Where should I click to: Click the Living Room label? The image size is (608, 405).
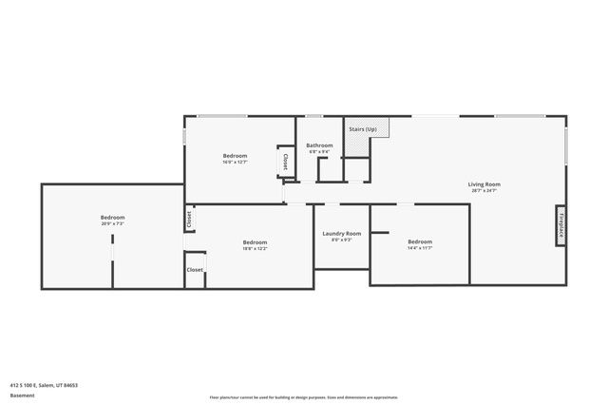(484, 183)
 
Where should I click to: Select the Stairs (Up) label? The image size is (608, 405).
(363, 129)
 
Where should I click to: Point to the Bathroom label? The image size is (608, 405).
(319, 145)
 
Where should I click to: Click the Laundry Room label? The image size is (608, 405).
(342, 233)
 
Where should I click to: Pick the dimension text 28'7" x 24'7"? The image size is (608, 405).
(484, 190)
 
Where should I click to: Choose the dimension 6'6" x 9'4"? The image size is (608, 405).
(319, 151)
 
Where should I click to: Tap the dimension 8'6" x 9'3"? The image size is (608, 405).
(342, 240)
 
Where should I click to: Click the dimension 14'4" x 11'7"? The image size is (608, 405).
(420, 247)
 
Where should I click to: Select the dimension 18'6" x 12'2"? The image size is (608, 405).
(255, 248)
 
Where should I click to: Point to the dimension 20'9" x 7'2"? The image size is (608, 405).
(113, 224)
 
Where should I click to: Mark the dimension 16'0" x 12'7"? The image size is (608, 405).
(235, 162)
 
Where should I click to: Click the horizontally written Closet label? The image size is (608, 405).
(195, 269)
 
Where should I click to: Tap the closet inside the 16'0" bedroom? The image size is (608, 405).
(284, 162)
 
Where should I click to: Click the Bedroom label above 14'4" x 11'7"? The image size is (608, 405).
(420, 241)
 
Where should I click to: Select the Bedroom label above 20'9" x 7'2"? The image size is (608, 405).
(113, 218)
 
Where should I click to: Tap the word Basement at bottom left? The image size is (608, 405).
(22, 395)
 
